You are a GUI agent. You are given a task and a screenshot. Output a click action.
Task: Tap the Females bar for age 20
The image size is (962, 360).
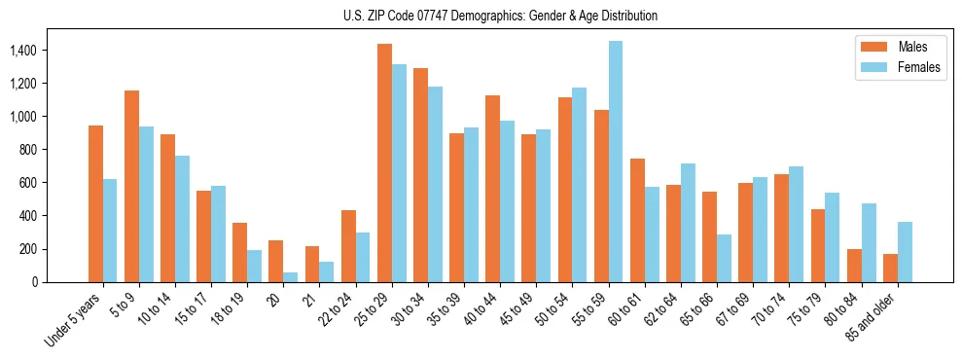coord(291,276)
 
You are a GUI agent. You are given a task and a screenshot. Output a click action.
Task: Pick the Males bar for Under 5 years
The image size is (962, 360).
coord(95,203)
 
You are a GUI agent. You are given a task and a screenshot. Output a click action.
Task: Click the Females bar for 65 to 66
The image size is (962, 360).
coord(725,258)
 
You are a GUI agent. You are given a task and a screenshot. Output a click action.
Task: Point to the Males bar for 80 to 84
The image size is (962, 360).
coord(854,266)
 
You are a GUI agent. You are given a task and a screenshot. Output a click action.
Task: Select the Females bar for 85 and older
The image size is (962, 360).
coord(905,252)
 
